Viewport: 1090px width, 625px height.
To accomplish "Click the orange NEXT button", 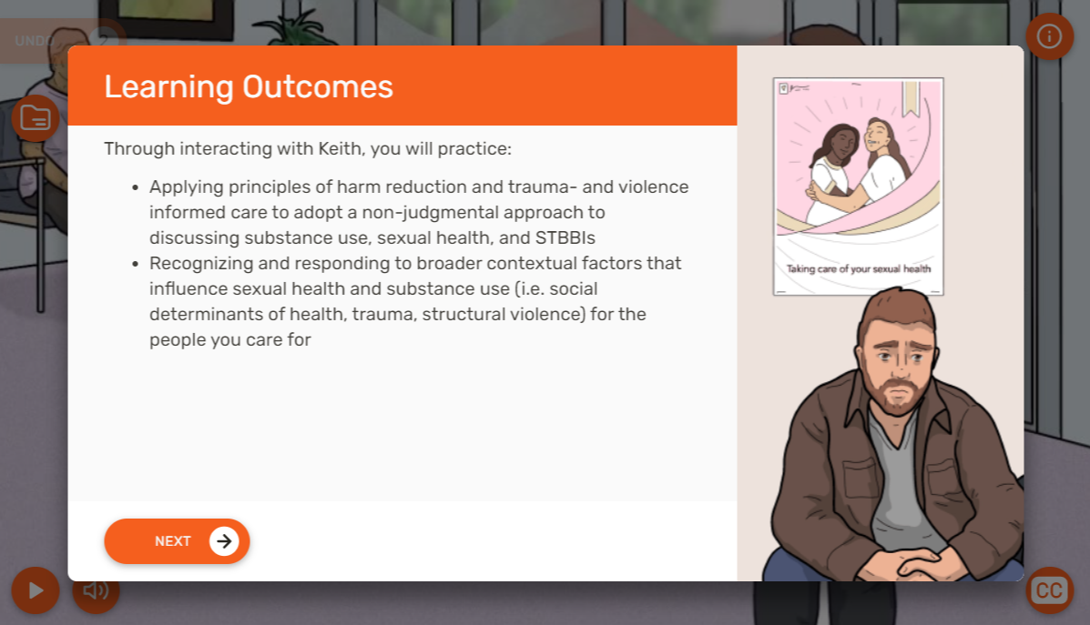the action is point(177,541).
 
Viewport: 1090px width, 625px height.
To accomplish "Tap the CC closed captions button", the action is point(1049,590).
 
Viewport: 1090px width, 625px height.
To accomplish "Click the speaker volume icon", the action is point(96,590).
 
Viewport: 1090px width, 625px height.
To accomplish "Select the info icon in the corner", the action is point(1049,36).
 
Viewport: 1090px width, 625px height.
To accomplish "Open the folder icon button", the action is point(35,118).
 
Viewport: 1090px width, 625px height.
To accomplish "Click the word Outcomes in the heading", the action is point(318,86).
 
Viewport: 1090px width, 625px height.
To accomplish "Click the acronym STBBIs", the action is point(565,237).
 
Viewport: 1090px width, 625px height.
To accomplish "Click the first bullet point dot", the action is point(135,187).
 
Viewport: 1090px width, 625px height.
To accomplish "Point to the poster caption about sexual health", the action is point(859,268).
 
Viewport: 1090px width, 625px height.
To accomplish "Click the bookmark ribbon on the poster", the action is point(911,98).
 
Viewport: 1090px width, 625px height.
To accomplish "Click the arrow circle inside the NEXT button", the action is point(224,541).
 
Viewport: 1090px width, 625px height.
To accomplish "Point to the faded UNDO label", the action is point(35,41).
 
